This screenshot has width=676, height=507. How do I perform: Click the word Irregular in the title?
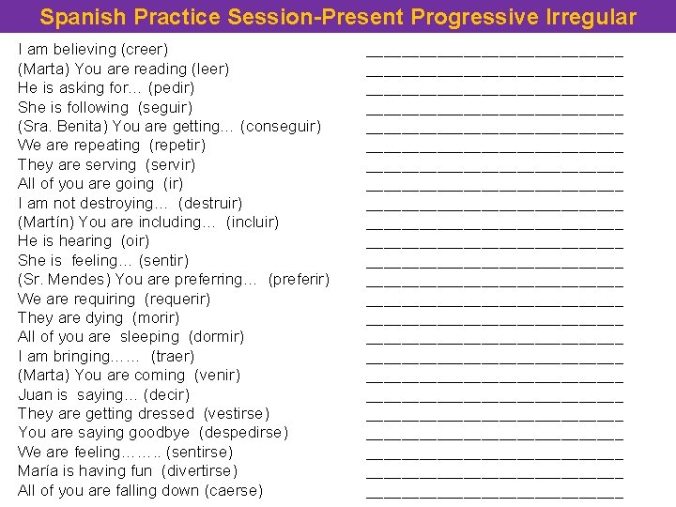point(590,17)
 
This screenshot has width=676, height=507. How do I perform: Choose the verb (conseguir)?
point(281,126)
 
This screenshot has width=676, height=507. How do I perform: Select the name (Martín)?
point(46,222)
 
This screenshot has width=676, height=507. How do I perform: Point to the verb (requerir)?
point(177,299)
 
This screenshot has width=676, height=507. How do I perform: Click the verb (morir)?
point(156,317)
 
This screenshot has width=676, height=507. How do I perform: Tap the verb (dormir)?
point(216,336)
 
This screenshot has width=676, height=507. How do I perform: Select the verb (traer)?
point(173,356)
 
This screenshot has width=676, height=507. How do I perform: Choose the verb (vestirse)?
point(236,413)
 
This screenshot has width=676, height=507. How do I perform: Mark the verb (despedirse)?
point(243,432)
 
